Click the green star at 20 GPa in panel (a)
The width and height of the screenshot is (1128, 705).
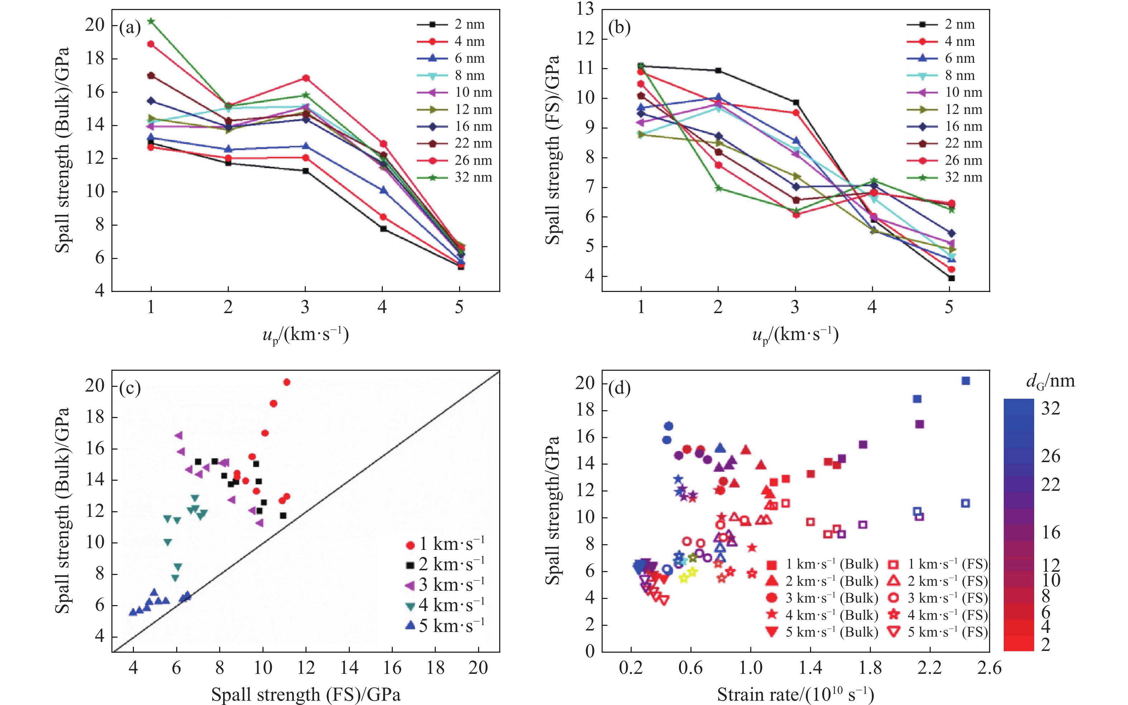[150, 21]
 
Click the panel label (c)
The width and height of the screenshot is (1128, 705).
[130, 388]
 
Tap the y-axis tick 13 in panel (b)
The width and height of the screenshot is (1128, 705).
[585, 9]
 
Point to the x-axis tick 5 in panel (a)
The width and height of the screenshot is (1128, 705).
[459, 307]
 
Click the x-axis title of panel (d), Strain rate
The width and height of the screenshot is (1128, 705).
[795, 694]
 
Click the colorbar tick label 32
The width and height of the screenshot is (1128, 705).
[1051, 408]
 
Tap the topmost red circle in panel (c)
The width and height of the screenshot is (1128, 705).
[287, 382]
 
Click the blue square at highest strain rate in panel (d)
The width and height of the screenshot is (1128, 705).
[966, 381]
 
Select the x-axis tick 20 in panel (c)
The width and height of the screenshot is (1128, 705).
[478, 668]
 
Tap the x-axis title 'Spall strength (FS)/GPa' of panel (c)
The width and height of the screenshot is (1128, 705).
[306, 694]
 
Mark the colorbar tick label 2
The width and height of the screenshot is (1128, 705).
[1046, 645]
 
